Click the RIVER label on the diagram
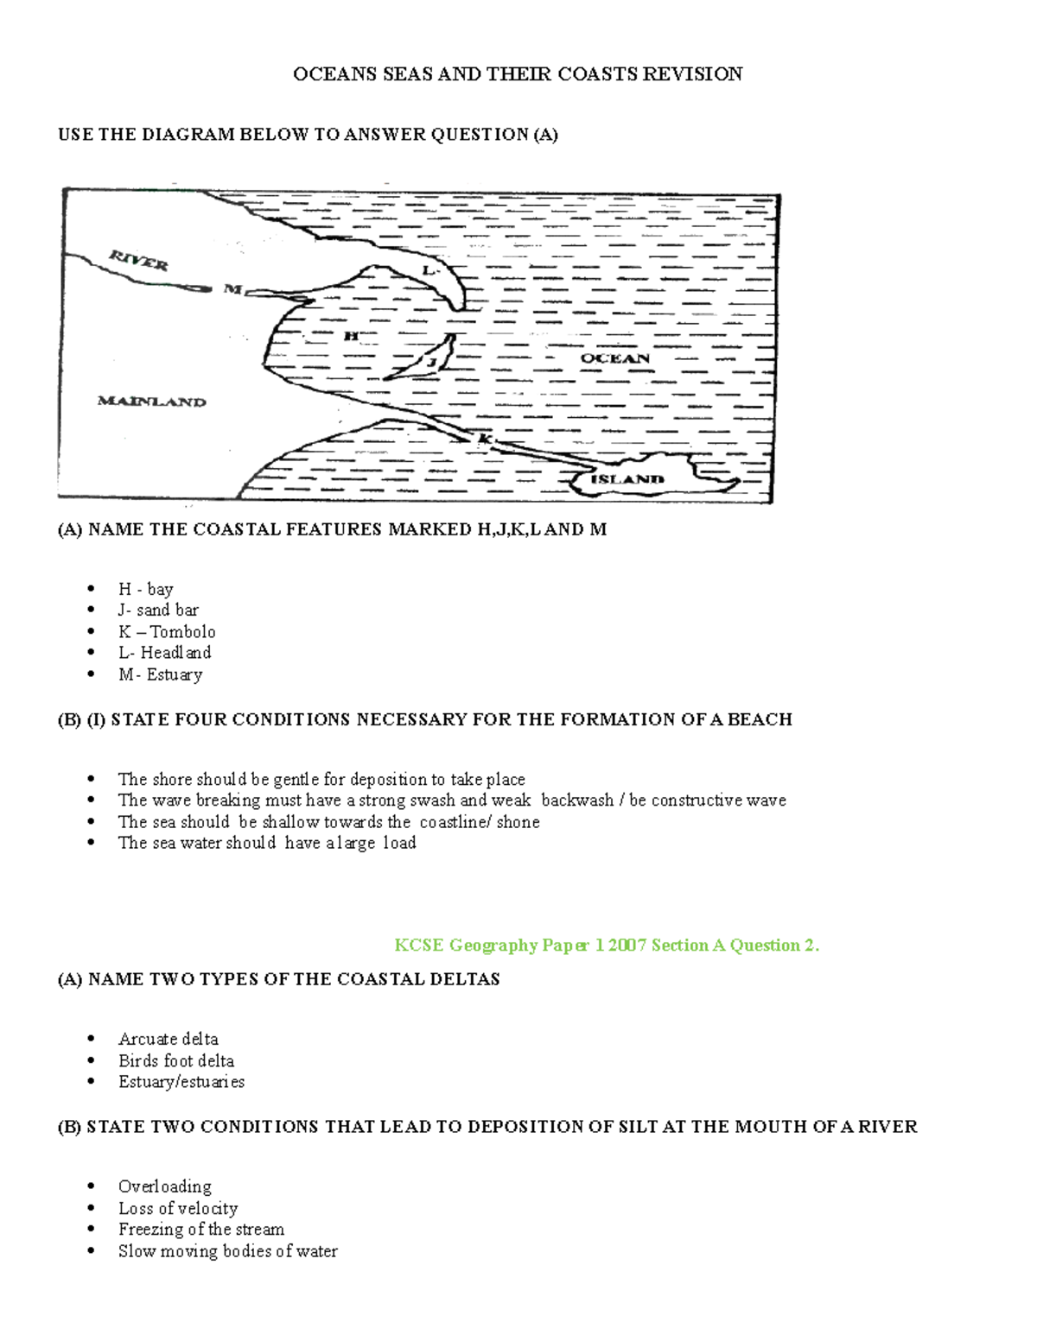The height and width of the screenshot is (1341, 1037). (138, 259)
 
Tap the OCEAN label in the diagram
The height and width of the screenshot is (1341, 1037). (614, 358)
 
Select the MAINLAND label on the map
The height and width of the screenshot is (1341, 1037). (151, 402)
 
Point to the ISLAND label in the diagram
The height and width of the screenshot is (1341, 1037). (627, 479)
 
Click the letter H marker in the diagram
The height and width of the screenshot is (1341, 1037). (351, 336)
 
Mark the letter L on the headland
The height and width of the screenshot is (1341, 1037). (429, 270)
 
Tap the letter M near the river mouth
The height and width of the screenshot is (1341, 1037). (232, 289)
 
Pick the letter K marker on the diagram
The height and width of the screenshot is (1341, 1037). (485, 440)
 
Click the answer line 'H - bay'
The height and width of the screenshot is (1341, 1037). (145, 589)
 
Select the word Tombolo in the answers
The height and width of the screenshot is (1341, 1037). (182, 632)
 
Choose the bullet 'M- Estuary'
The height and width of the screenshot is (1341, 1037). (160, 674)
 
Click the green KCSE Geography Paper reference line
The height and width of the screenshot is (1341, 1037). (606, 946)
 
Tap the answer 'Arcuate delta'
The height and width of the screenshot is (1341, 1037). (168, 1039)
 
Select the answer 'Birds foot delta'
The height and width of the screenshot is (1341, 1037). (175, 1060)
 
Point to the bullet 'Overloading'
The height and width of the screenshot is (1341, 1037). (164, 1186)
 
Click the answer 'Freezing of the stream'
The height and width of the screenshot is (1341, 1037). (200, 1229)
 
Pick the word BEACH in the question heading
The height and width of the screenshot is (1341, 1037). (760, 719)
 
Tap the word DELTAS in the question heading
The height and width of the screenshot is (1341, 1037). (467, 979)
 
